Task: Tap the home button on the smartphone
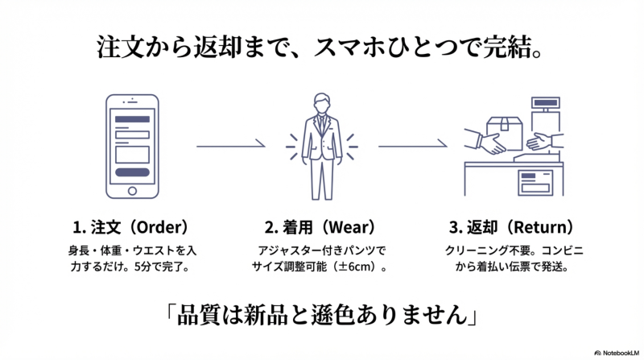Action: tap(133, 191)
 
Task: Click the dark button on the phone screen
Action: tap(133, 172)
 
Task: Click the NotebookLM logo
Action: tap(616, 352)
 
